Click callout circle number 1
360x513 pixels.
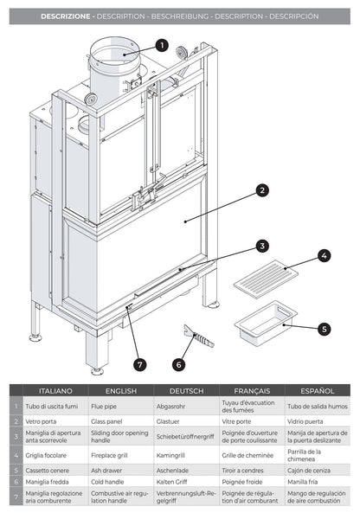[x=162, y=46]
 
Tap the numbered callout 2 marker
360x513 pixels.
[x=262, y=190]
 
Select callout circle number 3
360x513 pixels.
[x=262, y=246]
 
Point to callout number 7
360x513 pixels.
[x=140, y=364]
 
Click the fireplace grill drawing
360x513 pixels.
[x=266, y=279]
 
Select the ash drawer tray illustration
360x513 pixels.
[x=266, y=323]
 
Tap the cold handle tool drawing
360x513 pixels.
[x=198, y=336]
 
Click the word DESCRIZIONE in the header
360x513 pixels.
[x=66, y=16]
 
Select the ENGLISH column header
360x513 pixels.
[x=121, y=391]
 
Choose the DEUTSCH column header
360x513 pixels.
[x=187, y=391]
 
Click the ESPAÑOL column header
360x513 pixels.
[x=318, y=391]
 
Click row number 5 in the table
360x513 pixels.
[x=16, y=471]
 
